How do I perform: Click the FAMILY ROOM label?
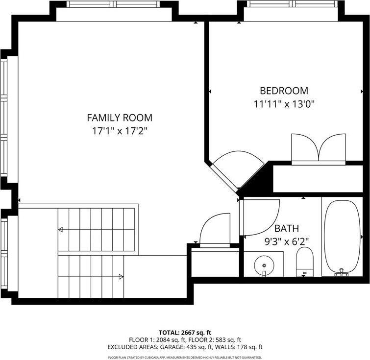pos(119,118)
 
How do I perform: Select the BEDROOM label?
pos(284,91)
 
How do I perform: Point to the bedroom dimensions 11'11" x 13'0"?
pos(284,104)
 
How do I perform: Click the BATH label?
pos(287,228)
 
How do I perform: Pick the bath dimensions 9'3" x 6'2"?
pos(287,241)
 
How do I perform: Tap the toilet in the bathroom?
pos(305,262)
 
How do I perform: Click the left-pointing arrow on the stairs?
pos(61,229)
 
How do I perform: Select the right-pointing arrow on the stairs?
pos(121,277)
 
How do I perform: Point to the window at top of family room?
pos(114,4)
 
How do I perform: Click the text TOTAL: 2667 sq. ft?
pos(185,333)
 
